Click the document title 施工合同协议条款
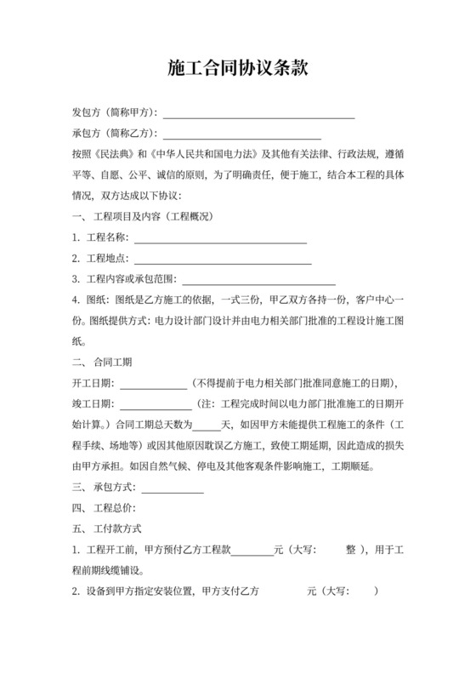237,67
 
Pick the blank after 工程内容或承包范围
258,280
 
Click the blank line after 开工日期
150,383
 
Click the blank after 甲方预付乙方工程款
252,551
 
